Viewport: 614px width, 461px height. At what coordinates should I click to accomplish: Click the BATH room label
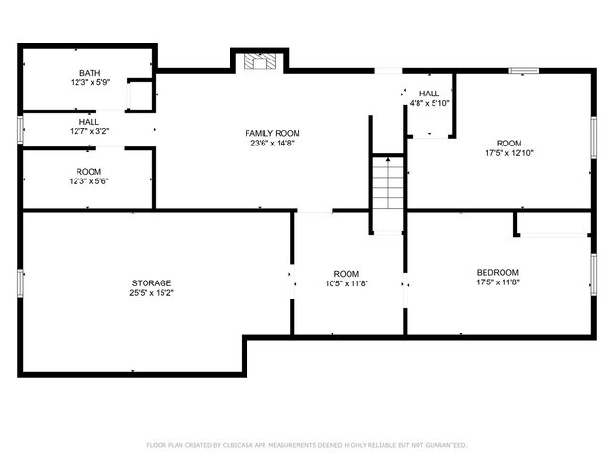click(89, 73)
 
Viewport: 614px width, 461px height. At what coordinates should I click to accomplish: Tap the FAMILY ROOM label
click(274, 134)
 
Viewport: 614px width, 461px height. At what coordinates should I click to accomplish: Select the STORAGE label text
click(151, 283)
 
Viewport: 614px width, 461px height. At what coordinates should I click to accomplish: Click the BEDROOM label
click(497, 272)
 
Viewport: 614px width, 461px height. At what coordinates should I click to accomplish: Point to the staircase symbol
click(387, 185)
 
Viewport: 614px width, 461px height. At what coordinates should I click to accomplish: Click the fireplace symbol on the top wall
click(258, 62)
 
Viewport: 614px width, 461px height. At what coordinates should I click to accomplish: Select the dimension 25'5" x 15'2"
click(151, 294)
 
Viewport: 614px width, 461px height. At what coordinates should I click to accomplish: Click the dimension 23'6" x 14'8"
click(274, 145)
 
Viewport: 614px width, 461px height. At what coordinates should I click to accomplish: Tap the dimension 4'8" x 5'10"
click(429, 103)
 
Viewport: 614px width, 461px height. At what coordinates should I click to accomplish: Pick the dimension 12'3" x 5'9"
click(89, 83)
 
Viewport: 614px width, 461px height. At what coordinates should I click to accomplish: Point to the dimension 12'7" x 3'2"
click(89, 132)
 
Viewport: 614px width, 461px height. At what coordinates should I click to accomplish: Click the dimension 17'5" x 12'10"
click(510, 153)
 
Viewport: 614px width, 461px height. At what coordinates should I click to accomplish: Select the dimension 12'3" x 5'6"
click(89, 181)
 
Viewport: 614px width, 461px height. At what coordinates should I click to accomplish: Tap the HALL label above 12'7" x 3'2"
click(89, 122)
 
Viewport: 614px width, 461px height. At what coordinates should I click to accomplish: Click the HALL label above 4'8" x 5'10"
click(429, 93)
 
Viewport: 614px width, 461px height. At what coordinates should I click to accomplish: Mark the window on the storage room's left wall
click(20, 282)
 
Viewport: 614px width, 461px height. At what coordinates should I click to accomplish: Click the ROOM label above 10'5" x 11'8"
click(347, 273)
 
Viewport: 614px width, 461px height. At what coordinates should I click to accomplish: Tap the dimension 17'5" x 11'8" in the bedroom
click(497, 282)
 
